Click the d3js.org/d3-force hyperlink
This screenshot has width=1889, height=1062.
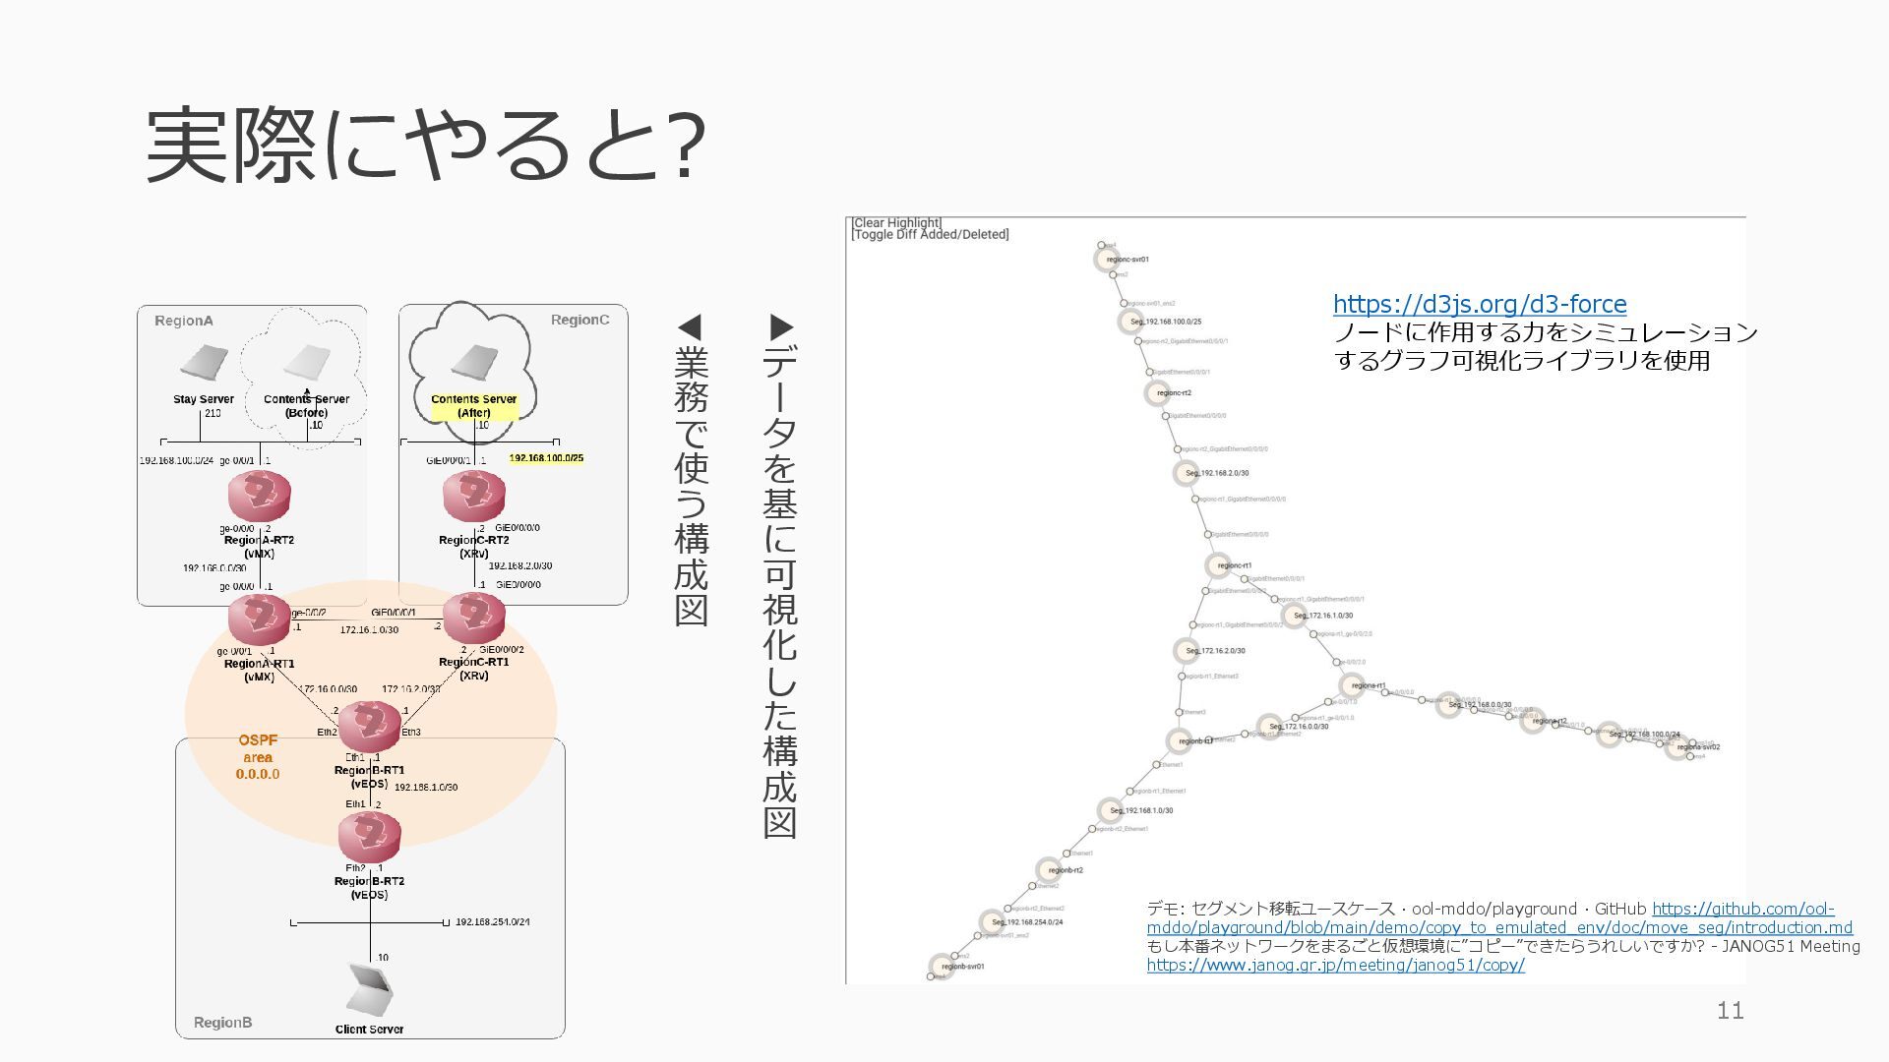[1480, 304]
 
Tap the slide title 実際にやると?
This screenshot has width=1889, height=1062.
[425, 146]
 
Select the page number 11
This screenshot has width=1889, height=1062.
[1730, 1010]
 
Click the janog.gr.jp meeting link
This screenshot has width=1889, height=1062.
[1335, 965]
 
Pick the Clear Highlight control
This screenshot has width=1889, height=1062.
[897, 223]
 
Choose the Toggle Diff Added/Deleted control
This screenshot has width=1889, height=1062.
[931, 235]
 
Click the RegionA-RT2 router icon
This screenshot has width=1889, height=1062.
[260, 496]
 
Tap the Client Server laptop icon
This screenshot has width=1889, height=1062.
[371, 989]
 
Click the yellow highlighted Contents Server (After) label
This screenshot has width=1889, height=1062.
[474, 406]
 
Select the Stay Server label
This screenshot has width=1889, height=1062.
[204, 399]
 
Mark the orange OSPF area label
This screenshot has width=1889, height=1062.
[258, 757]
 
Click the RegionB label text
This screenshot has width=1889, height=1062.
[222, 1023]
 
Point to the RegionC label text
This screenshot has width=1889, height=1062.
[579, 321]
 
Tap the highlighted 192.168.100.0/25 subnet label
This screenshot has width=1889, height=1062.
[546, 458]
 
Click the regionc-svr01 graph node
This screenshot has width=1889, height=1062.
[1107, 260]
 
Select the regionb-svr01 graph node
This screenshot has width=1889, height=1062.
[942, 966]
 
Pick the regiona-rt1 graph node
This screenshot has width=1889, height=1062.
[1352, 685]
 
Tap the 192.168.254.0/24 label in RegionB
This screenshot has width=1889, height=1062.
[492, 922]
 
